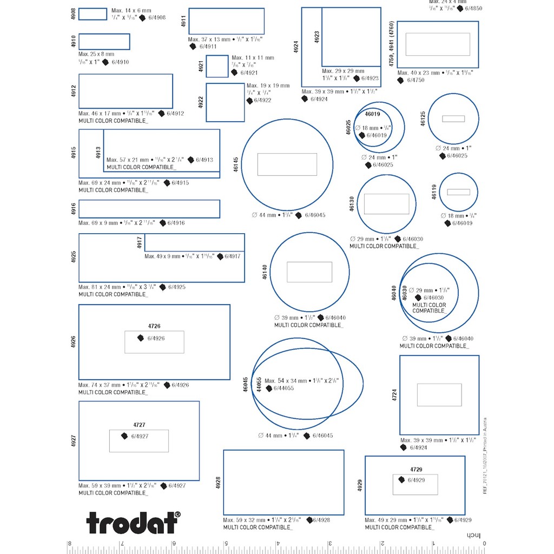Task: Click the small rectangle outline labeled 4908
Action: [93, 14]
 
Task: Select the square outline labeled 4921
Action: [217, 67]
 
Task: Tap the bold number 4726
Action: [154, 326]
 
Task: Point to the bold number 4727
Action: [140, 425]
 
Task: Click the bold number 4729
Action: [415, 469]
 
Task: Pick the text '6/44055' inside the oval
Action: [283, 388]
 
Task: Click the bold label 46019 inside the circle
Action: [373, 114]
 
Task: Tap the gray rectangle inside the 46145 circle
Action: [287, 164]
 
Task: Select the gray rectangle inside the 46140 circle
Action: [309, 272]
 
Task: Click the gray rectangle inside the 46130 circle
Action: [386, 204]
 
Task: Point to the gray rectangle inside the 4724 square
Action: [439, 394]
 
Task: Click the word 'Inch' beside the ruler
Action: [474, 536]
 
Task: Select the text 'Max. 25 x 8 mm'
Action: [96, 54]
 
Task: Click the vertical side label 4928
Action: [218, 483]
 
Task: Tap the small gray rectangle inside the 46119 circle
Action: [458, 192]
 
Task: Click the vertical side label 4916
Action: [74, 209]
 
